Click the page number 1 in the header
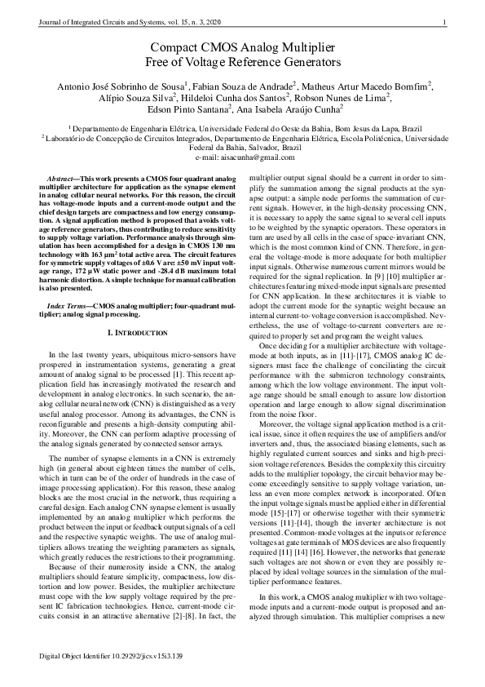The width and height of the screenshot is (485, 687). click(445, 22)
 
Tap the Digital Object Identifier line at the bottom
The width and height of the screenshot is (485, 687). click(112, 656)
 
